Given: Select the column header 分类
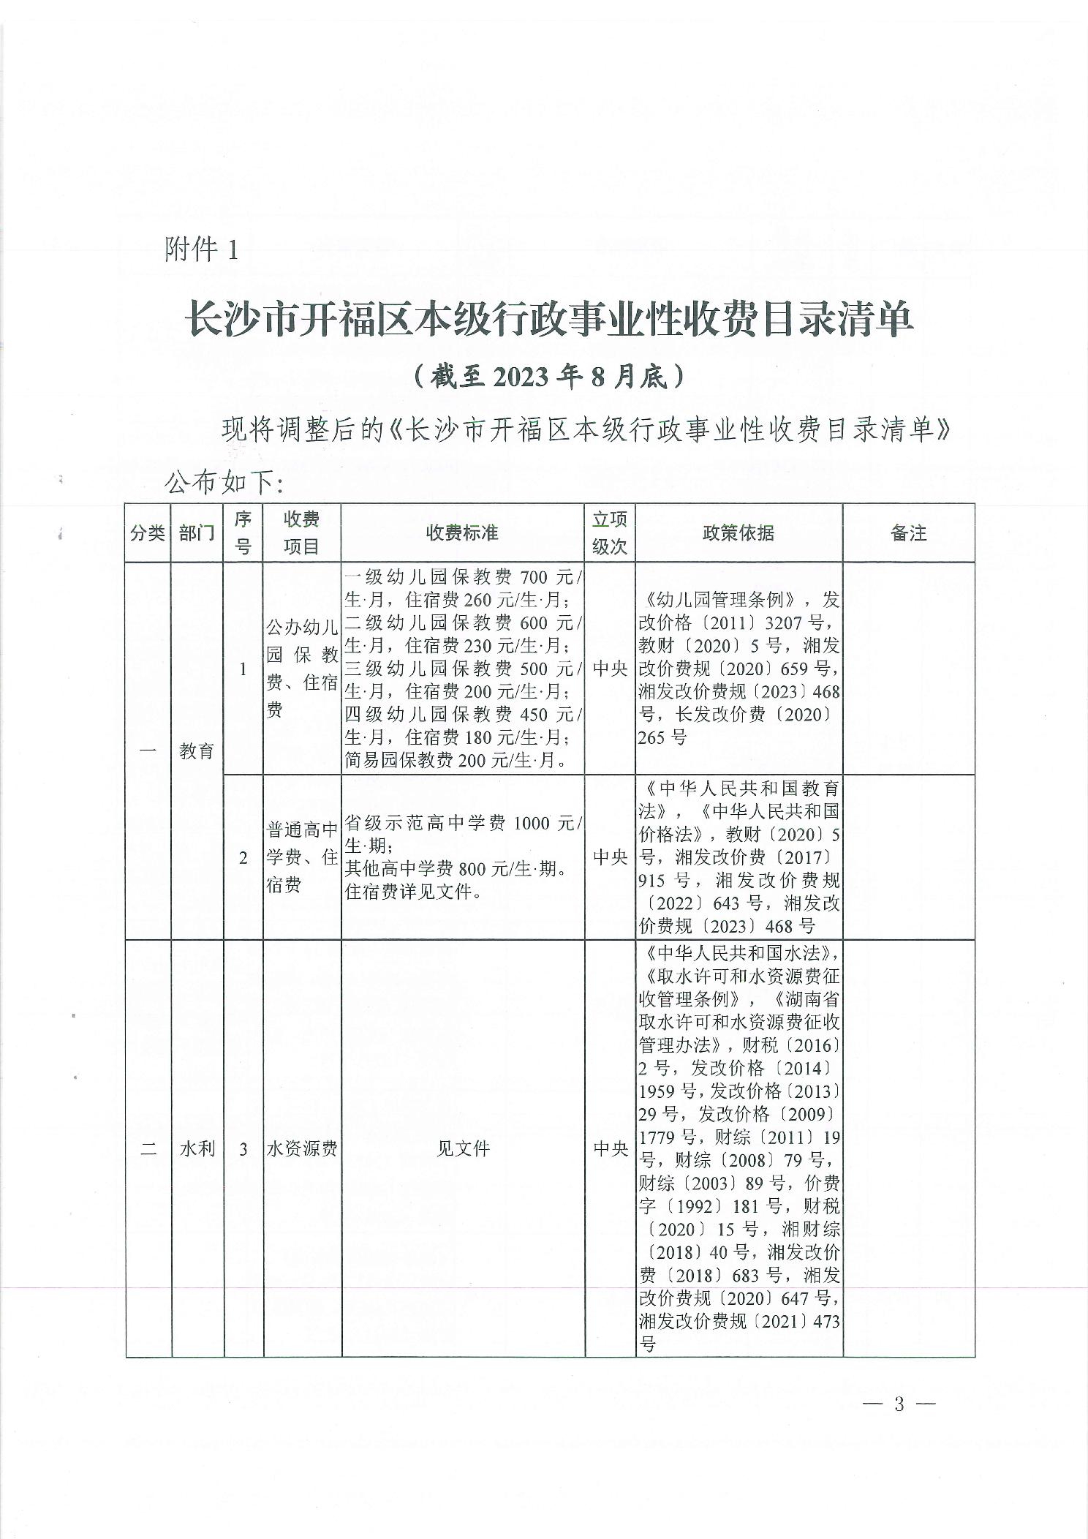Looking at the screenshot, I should point(148,533).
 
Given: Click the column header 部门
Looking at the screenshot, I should point(197,533).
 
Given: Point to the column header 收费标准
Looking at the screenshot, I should point(462,533).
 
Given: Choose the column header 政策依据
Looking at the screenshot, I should point(738,533).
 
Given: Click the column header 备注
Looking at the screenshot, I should point(908,533).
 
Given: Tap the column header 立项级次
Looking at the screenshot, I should point(610,533).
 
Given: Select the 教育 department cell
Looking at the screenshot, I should point(197,750).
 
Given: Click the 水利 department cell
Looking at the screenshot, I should point(197,1148).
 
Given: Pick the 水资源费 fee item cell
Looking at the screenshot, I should point(302,1148).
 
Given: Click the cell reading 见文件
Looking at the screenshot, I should point(462,1148).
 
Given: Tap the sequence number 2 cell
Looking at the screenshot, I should point(243,857).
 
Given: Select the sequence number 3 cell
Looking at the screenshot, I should point(243,1148).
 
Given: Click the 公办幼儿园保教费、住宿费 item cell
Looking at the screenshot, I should point(302,669).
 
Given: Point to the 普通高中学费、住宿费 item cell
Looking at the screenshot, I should point(302,857).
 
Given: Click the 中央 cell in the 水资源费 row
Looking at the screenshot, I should point(610,1148).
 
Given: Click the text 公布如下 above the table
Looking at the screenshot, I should point(223,483).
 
